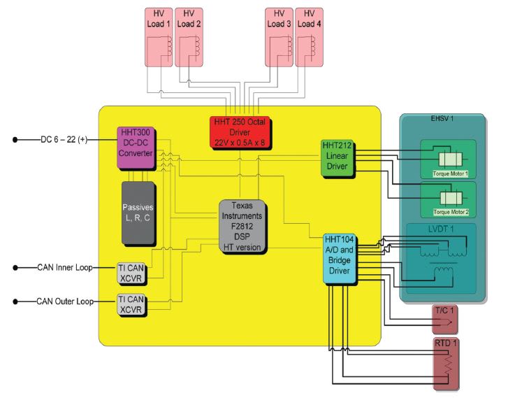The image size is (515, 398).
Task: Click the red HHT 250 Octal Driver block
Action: tap(240, 130)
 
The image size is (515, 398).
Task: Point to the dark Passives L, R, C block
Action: tap(138, 213)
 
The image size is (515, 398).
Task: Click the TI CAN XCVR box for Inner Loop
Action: tap(131, 272)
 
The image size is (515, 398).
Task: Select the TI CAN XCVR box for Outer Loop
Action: tap(131, 306)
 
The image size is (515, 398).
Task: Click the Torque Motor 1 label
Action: tap(450, 172)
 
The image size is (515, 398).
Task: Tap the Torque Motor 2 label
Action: tap(450, 211)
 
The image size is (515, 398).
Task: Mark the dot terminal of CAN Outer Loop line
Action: tap(16, 301)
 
